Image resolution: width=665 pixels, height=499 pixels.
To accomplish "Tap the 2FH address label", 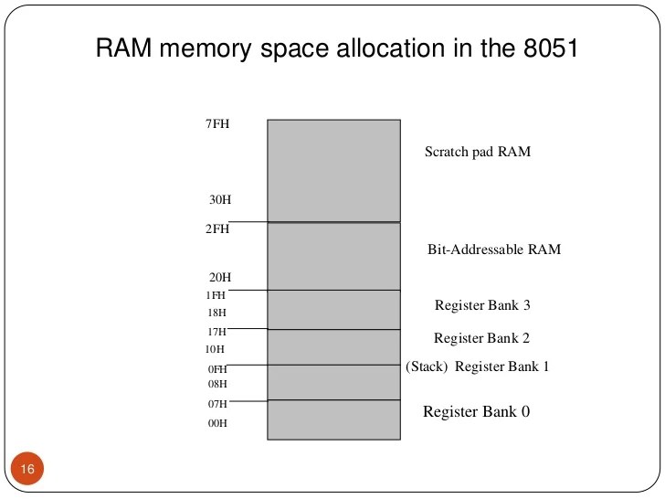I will click(216, 229).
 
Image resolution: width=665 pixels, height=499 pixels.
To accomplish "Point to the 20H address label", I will click(219, 277).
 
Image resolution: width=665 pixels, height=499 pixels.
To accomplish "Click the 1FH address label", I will click(216, 294).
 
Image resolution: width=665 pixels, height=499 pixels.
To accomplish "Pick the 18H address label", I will click(216, 313).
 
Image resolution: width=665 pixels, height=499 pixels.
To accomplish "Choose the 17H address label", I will click(216, 332).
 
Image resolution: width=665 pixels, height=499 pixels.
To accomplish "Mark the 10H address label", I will click(216, 349).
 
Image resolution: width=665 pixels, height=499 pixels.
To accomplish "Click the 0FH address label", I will click(216, 368).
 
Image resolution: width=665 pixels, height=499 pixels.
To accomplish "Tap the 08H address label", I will click(216, 384).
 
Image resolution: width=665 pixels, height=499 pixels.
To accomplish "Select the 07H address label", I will click(216, 403).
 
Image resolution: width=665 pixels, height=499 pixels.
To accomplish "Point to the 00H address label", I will click(216, 423).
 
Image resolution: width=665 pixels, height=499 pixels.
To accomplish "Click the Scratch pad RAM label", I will click(477, 152).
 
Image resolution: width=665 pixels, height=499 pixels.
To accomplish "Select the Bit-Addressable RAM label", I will click(493, 249).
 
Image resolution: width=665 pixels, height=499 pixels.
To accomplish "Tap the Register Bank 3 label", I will click(481, 305).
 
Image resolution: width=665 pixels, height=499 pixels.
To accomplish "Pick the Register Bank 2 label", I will click(481, 338).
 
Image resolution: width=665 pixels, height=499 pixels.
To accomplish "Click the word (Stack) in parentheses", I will click(427, 366).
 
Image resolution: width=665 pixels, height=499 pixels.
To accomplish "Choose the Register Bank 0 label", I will click(476, 411).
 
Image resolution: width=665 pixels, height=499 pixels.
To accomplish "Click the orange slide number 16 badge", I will click(27, 469).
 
